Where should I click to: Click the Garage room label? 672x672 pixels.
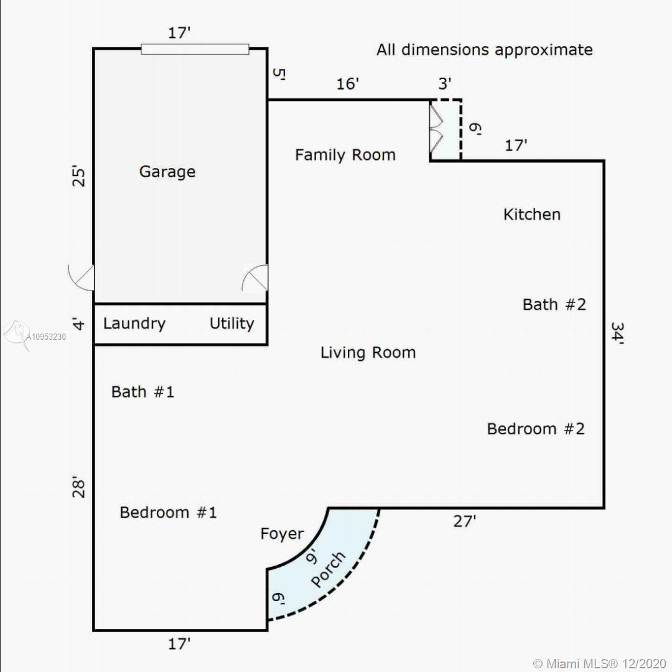pyautogui.click(x=167, y=172)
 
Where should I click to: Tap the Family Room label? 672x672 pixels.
pyautogui.click(x=345, y=155)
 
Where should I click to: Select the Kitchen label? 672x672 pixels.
pyautogui.click(x=532, y=214)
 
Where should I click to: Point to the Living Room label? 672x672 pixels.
pyautogui.click(x=368, y=353)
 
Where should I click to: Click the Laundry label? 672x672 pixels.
pyautogui.click(x=134, y=324)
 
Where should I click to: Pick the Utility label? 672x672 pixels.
pyautogui.click(x=232, y=324)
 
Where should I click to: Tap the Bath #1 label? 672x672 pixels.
pyautogui.click(x=142, y=392)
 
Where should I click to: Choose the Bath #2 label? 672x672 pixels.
pyautogui.click(x=554, y=304)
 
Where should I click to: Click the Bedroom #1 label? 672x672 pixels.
pyautogui.click(x=168, y=512)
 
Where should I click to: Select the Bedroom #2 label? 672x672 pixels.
pyautogui.click(x=536, y=429)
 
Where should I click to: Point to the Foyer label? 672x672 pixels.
pyautogui.click(x=282, y=534)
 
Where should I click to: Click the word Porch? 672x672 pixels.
pyautogui.click(x=328, y=569)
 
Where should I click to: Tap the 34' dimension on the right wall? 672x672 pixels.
pyautogui.click(x=617, y=333)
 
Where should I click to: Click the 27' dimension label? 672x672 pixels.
pyautogui.click(x=465, y=521)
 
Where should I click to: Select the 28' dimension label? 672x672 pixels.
pyautogui.click(x=79, y=487)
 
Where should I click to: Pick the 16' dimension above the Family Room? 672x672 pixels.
pyautogui.click(x=347, y=83)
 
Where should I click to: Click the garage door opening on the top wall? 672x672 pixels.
pyautogui.click(x=195, y=49)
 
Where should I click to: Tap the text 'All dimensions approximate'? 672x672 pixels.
pyautogui.click(x=484, y=50)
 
